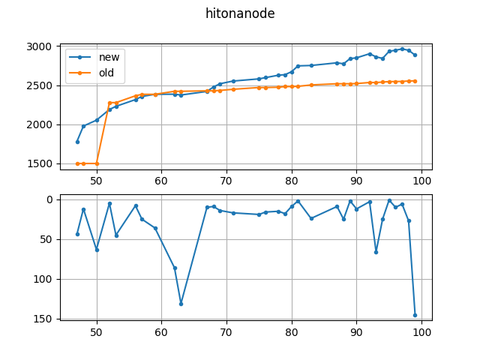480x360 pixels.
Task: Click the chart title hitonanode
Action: click(240, 13)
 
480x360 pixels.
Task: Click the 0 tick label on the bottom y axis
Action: click(50, 199)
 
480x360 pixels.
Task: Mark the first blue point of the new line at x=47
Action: click(77, 142)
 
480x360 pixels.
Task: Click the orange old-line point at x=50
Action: click(97, 163)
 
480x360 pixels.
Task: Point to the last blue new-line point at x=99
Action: click(415, 55)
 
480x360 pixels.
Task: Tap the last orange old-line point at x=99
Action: click(415, 81)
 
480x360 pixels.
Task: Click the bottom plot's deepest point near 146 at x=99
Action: click(415, 315)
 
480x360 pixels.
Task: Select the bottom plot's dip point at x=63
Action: click(181, 304)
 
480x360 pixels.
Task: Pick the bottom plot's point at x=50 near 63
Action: click(97, 250)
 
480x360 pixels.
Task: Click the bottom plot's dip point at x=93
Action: click(376, 252)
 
